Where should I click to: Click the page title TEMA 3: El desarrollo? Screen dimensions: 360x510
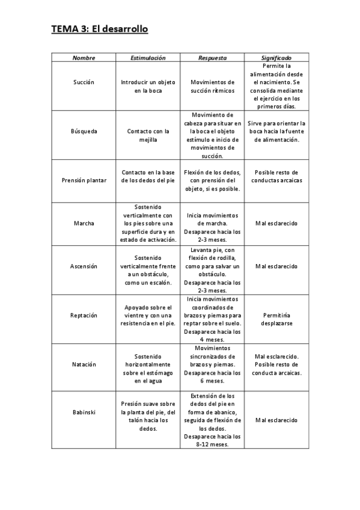[x=100, y=29]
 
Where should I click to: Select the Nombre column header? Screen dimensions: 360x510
[x=84, y=58]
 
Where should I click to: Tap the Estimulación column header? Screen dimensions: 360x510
[x=148, y=58]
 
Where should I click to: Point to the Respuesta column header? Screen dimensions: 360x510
[x=213, y=58]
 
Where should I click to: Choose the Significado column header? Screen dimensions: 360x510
[x=276, y=58]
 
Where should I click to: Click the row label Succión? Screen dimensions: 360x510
[x=84, y=82]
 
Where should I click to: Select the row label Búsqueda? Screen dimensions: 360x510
[x=84, y=131]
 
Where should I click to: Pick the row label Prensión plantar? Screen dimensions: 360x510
[x=84, y=180]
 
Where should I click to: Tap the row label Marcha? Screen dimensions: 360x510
[x=84, y=224]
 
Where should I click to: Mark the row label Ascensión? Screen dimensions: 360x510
[x=84, y=266]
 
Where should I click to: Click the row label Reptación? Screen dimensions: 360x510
[x=84, y=315]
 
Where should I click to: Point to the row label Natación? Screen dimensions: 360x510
[x=84, y=364]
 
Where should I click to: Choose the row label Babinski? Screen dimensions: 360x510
[x=84, y=412]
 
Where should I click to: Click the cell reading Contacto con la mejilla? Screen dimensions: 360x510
[x=148, y=135]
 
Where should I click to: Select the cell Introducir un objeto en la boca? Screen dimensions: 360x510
[x=148, y=86]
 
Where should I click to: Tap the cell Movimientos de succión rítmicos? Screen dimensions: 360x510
[x=213, y=86]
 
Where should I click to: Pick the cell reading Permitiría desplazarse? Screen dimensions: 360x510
[x=276, y=319]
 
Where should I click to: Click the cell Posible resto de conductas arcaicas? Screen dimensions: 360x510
[x=276, y=176]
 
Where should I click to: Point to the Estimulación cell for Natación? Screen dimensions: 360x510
[x=148, y=368]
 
